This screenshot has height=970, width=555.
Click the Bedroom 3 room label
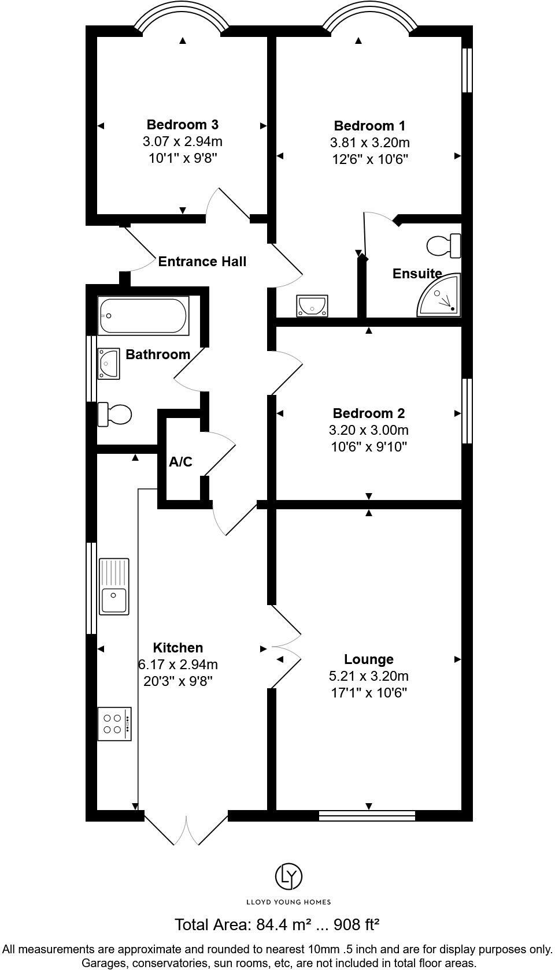182,124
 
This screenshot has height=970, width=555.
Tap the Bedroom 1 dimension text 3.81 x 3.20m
369,143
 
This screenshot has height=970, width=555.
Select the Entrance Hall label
202,262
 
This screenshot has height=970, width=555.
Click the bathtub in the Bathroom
143,316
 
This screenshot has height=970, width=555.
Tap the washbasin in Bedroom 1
312,305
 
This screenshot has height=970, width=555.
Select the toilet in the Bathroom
114,414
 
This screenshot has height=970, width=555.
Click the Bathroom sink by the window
108,363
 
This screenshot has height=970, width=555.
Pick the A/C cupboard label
180,462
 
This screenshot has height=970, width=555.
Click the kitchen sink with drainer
114,586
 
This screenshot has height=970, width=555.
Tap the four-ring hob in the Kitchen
114,723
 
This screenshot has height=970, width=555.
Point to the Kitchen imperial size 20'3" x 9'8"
178,681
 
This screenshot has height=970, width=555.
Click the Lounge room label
368,659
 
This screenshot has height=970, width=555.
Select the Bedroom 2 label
368,413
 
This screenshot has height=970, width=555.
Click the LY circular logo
288,877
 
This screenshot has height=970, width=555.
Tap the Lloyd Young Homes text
288,901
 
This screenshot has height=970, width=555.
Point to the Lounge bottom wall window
367,815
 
